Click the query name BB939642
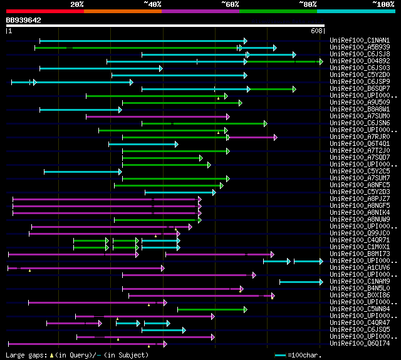coord(24,20)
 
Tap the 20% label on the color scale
coord(77,4)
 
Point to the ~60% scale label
coord(230,4)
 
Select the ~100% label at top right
coord(383,4)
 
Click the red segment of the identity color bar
coord(44,11)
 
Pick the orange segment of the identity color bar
coord(122,11)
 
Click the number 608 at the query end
coord(316,30)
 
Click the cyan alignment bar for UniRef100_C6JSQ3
coord(101,68)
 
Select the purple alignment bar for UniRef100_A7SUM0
coord(157,116)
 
